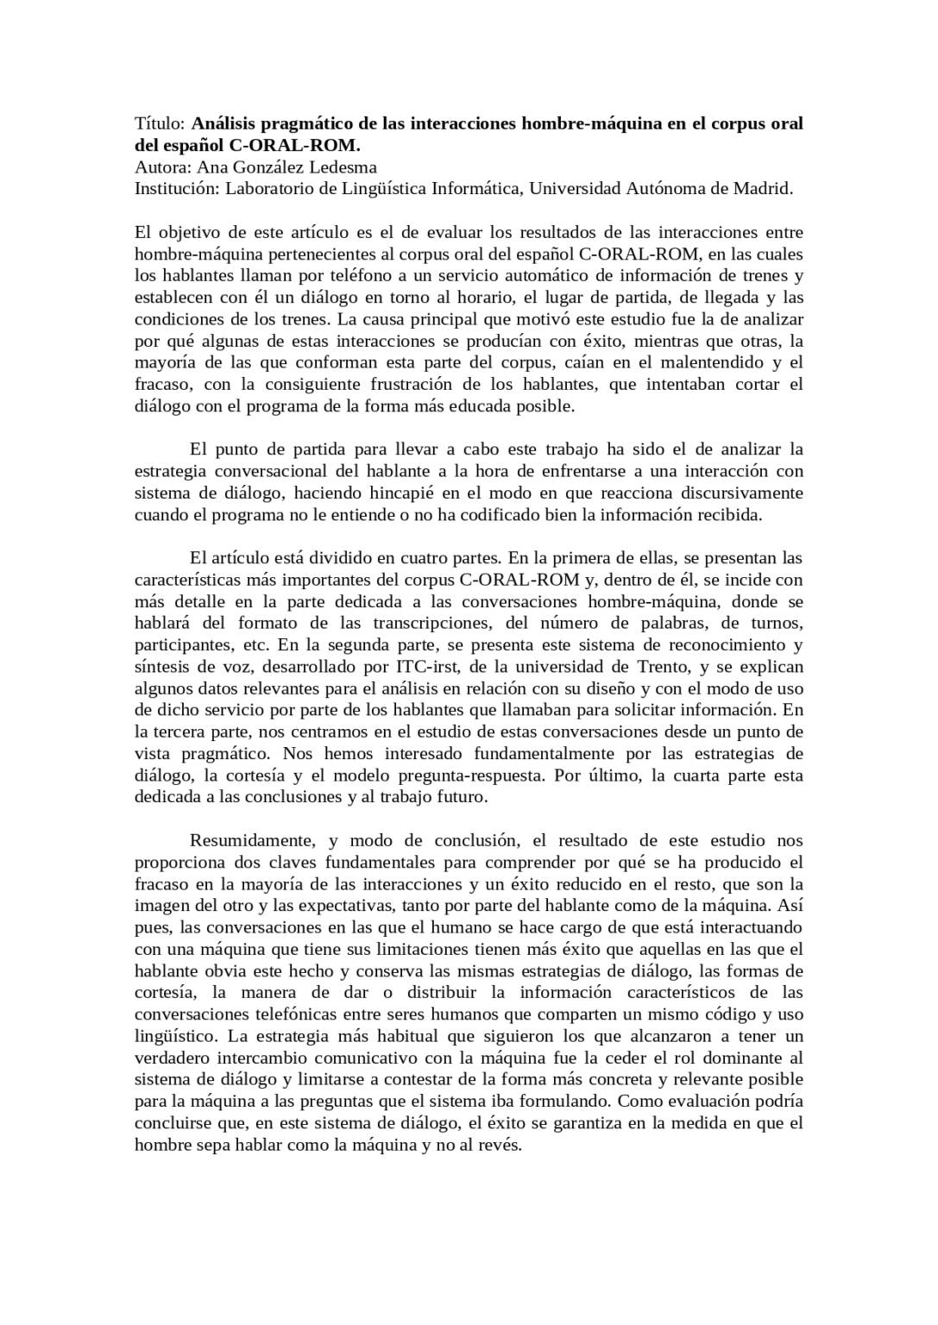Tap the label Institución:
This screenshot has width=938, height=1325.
coord(176,189)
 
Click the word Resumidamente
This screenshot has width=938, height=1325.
coord(245,840)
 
